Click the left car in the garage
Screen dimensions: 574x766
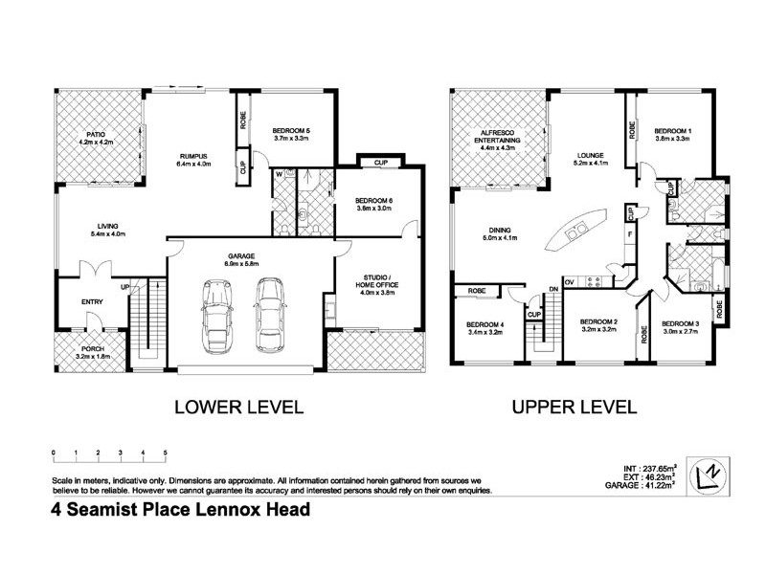[x=214, y=317]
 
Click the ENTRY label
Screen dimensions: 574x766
[x=92, y=302]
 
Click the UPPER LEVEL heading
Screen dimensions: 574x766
[x=574, y=408]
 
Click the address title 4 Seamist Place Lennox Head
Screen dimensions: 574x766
[x=181, y=510]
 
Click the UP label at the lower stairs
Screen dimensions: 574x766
[x=124, y=286]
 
